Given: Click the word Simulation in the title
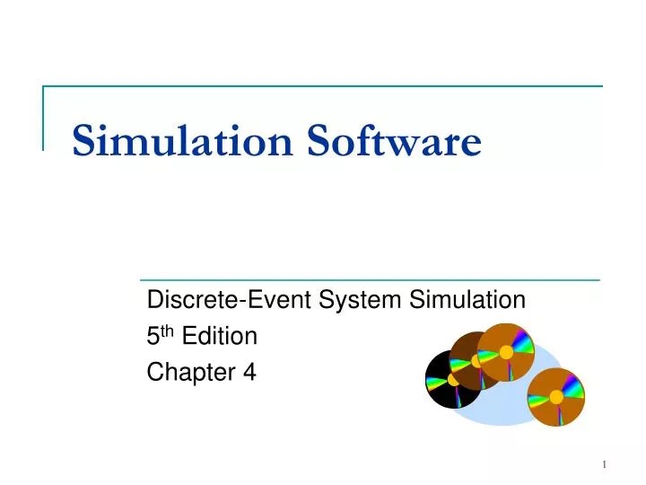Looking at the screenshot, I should (183, 141).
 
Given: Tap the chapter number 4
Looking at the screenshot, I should (249, 372).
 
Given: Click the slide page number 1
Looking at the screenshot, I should (605, 463).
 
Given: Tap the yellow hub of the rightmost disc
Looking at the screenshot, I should (556, 397).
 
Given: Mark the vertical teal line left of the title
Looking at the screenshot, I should (43, 117).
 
